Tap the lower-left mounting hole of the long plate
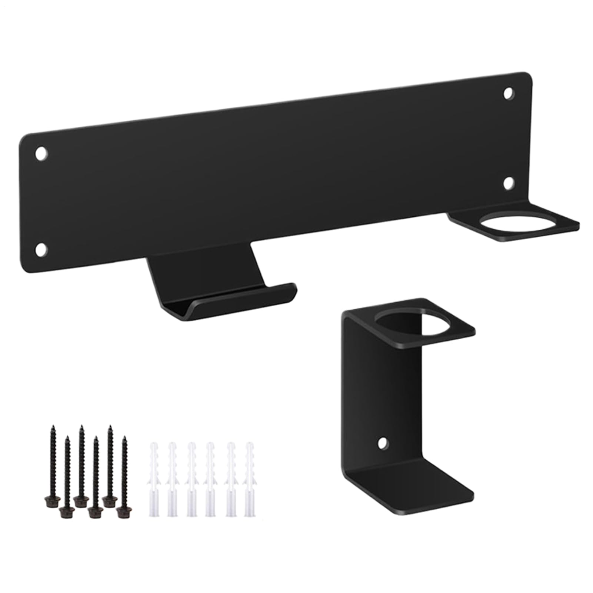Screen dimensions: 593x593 click(x=41, y=249)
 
